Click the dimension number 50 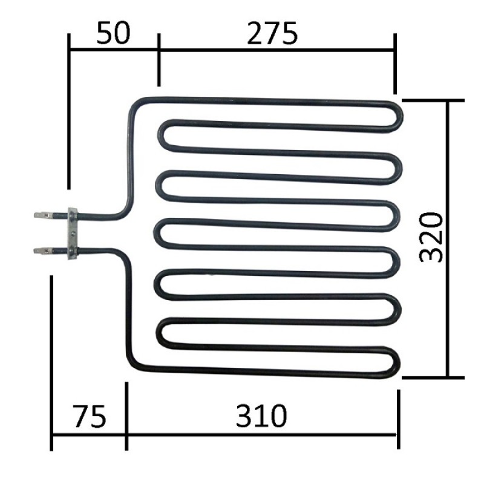coord(113,34)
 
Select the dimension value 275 coord(272,34)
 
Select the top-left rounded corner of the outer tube coord(134,106)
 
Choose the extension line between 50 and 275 coord(159,60)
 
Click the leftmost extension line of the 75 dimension coord(51,363)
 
